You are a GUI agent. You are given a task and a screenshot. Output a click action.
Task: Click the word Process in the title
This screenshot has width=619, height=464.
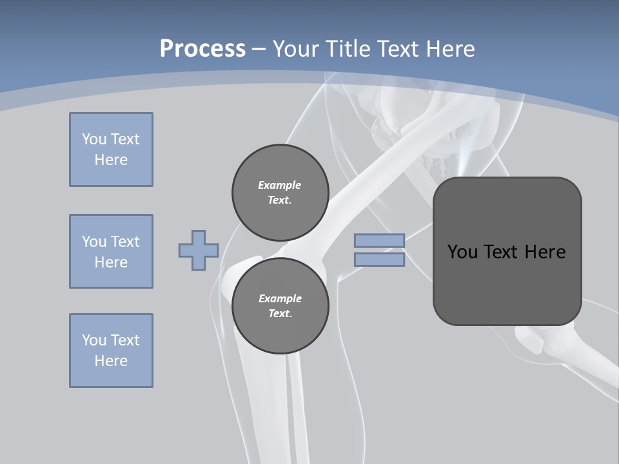tap(202, 49)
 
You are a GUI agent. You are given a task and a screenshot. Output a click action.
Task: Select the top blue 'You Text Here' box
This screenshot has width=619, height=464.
tap(111, 150)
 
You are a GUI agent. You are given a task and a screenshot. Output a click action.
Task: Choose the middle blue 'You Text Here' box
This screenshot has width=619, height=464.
tap(111, 251)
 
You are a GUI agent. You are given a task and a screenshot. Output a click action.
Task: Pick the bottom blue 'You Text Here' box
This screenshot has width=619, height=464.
tap(111, 351)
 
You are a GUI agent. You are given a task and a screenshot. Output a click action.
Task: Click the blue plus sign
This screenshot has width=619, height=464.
tap(199, 250)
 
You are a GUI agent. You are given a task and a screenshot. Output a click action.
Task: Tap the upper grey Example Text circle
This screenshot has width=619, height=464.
tap(280, 192)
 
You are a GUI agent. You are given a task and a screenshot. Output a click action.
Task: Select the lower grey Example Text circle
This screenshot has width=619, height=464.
tap(280, 305)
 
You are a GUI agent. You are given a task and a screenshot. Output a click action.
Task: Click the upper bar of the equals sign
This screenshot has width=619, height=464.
tap(379, 240)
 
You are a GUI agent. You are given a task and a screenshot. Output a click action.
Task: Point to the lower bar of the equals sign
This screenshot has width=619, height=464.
tap(379, 259)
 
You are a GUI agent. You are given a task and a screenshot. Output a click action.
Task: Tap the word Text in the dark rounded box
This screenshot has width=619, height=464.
tap(503, 252)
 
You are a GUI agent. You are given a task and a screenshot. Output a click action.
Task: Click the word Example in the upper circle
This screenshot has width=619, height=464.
tap(280, 185)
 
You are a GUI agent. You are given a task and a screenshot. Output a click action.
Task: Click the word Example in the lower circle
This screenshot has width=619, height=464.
tap(280, 298)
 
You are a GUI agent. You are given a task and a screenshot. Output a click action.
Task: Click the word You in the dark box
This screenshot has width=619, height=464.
tap(463, 252)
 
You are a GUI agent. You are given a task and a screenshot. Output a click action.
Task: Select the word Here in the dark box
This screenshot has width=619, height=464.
tap(545, 252)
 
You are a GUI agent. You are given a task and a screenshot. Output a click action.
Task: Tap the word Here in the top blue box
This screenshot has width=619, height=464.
tap(111, 160)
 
